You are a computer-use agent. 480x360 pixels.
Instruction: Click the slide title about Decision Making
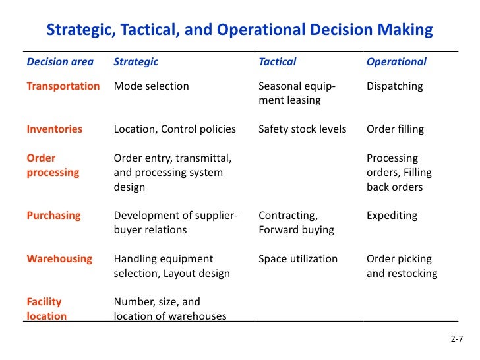239,30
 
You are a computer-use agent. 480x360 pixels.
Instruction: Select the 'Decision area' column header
60,62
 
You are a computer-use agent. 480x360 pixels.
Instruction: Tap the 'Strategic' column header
136,62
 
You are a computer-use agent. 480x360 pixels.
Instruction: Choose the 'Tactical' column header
277,62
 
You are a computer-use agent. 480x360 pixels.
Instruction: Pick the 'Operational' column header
396,62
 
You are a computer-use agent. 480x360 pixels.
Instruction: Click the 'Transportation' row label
63,86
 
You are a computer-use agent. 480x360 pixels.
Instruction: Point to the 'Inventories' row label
55,129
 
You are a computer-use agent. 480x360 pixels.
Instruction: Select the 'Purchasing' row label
53,216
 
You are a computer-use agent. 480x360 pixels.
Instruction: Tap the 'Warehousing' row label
59,259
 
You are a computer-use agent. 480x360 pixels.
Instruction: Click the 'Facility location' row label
46,309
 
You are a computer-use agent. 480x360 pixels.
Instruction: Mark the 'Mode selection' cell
151,86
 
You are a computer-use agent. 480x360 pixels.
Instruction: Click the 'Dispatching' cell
394,86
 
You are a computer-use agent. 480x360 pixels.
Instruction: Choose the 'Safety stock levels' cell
302,129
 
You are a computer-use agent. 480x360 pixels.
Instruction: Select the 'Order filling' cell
395,129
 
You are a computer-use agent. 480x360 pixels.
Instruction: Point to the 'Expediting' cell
392,216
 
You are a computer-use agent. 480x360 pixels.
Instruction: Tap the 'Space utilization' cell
298,259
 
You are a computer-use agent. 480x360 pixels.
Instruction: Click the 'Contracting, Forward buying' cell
296,223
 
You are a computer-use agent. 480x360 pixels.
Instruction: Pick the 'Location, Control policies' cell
175,129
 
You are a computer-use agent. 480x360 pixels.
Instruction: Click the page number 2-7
457,340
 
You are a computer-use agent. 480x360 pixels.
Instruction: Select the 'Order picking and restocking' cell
402,266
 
